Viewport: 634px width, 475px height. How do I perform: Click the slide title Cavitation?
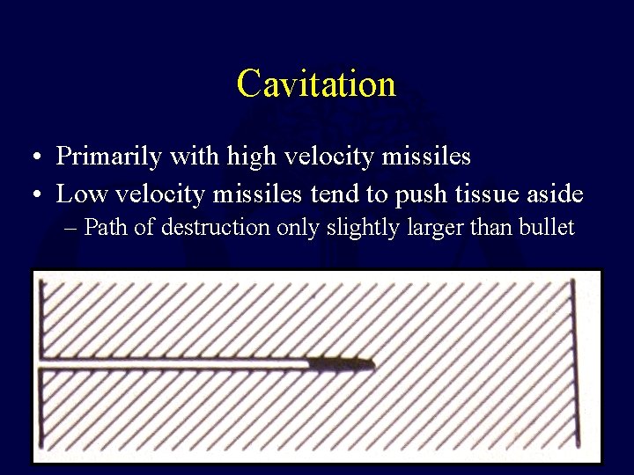point(316,84)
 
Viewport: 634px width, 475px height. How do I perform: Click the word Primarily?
point(108,157)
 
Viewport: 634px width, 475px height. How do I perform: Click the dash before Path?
point(71,229)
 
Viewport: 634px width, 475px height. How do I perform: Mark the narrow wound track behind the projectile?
point(176,363)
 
